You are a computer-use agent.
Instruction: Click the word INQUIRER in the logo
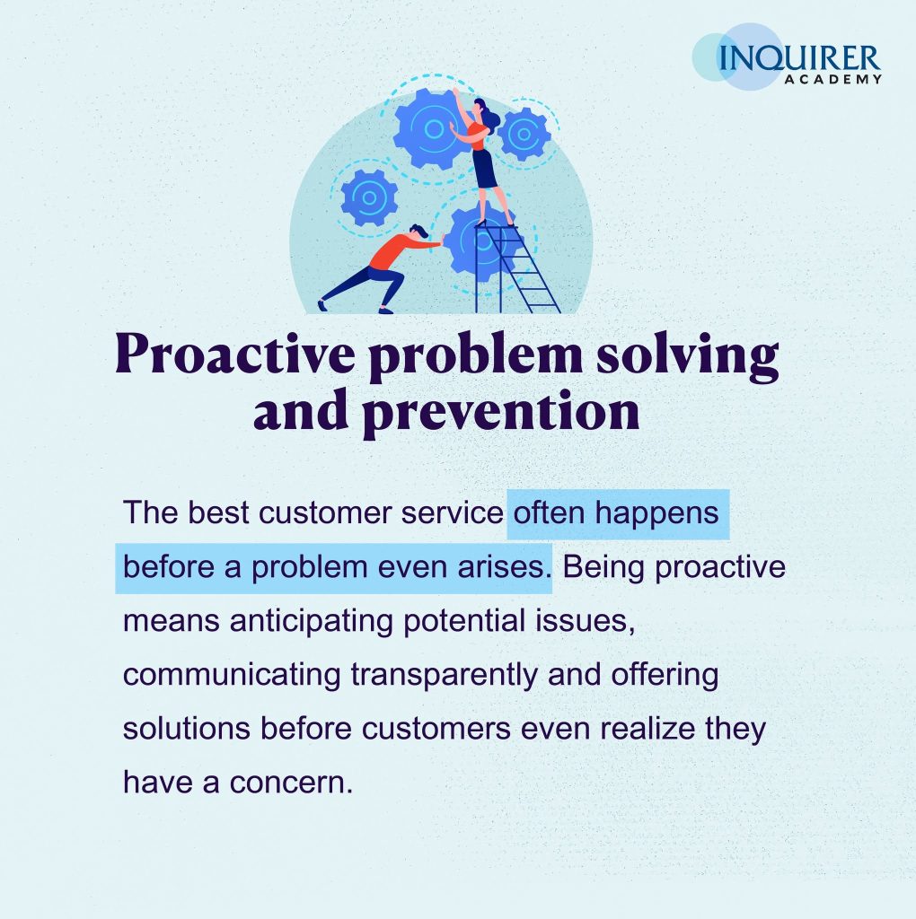coord(798,58)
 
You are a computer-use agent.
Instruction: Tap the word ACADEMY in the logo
coord(832,79)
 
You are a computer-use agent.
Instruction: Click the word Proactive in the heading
coord(235,354)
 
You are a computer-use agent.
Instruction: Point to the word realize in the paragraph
coord(647,729)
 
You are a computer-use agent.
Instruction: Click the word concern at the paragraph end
coord(292,783)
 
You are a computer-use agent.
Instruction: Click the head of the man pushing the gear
coord(418,231)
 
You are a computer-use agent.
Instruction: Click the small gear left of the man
coord(369,197)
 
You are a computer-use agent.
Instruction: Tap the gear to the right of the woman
coord(524,135)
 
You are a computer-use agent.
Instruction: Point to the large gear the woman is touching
coord(431,129)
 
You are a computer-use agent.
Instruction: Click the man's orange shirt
coord(400,249)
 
